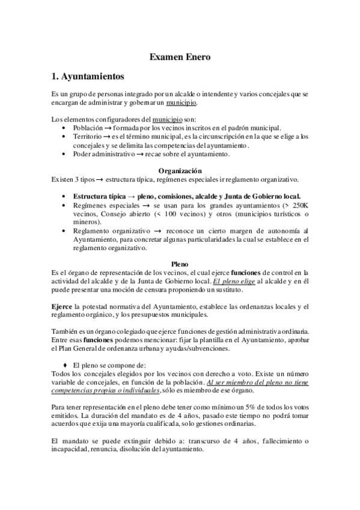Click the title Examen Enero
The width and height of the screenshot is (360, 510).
point(180,58)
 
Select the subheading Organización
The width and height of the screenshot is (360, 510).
point(180,170)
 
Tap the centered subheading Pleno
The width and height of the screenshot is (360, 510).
point(180,263)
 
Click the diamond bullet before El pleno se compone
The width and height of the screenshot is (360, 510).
point(66,365)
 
